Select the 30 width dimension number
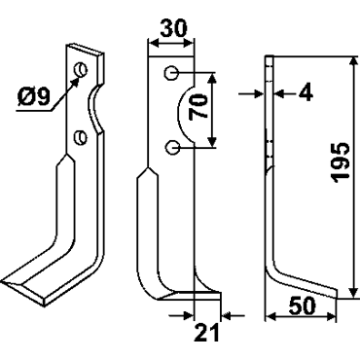(x=174, y=28)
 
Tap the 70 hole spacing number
(x=198, y=106)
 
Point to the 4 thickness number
(x=306, y=92)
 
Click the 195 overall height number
(x=341, y=162)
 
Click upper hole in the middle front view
(x=171, y=73)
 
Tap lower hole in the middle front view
(x=171, y=148)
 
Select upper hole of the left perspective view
(x=81, y=69)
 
